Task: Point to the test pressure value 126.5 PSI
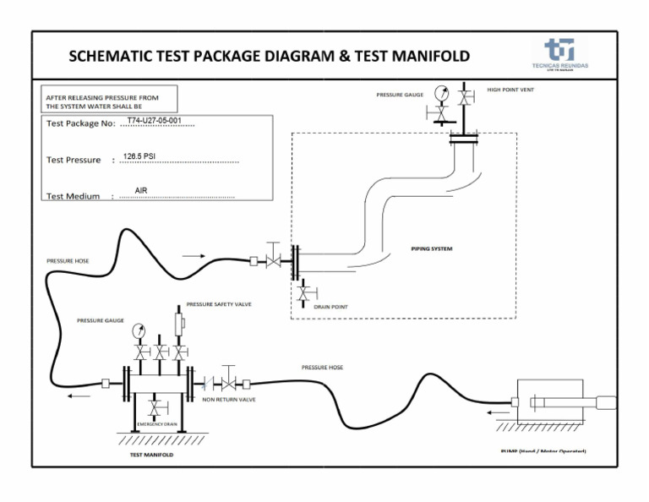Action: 139,156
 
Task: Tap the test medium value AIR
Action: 141,191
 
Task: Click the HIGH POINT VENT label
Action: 510,89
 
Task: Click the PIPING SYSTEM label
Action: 432,248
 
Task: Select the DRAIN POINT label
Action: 330,307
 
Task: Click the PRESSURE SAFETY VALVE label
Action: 219,304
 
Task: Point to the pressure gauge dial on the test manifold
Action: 139,332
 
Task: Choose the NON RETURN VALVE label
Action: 228,399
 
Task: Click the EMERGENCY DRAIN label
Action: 156,423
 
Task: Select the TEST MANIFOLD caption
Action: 151,455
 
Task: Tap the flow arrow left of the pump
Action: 498,412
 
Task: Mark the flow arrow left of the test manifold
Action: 80,395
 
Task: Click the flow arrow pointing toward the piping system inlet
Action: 193,255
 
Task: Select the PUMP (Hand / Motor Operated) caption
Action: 543,451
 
